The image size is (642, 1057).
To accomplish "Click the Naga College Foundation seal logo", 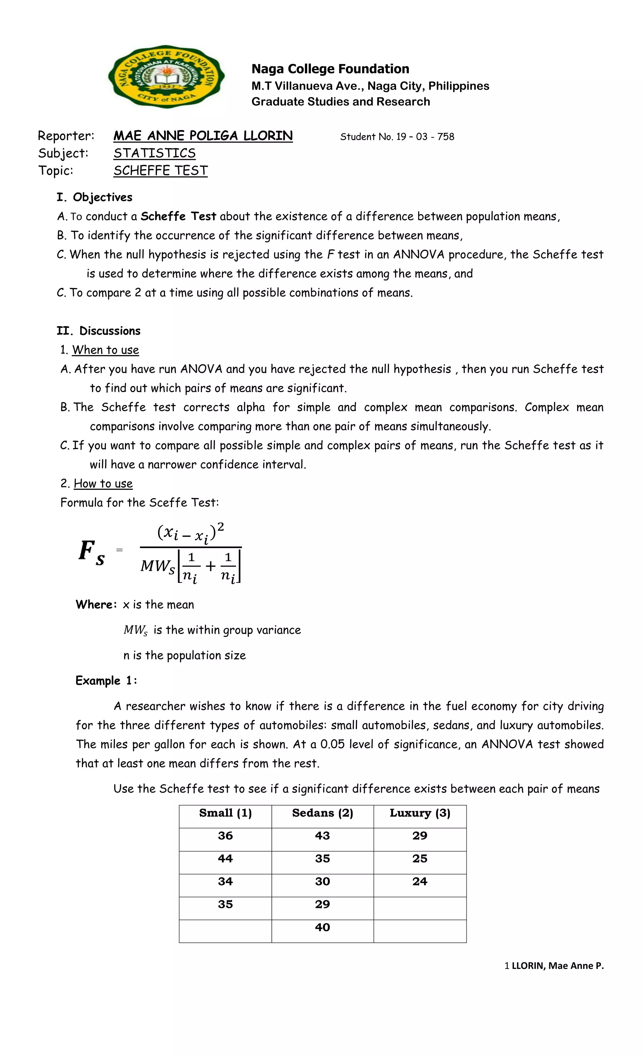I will [x=166, y=77].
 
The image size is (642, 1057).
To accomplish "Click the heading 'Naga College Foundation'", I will [x=330, y=69].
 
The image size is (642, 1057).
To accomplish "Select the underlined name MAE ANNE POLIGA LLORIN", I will [x=203, y=136].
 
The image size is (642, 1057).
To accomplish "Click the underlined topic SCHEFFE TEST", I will [x=160, y=171].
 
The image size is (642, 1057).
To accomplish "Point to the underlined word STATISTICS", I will [x=155, y=153].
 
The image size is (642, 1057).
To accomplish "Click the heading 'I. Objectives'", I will [x=94, y=197].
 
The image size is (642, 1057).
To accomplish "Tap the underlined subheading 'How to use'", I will [x=103, y=484].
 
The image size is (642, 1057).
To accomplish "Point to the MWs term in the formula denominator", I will [x=157, y=567].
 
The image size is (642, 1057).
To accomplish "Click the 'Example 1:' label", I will [x=106, y=681].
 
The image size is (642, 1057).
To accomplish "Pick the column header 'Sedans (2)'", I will [x=322, y=813].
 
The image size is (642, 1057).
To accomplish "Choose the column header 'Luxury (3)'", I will [x=420, y=813].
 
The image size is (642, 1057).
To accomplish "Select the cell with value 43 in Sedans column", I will [x=322, y=836].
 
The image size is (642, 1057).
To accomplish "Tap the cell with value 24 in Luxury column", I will [x=420, y=882].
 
